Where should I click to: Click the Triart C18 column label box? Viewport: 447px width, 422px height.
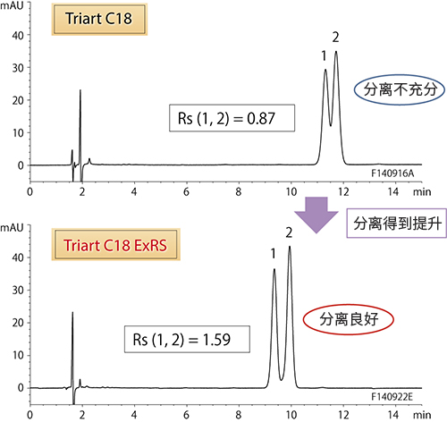click(99, 19)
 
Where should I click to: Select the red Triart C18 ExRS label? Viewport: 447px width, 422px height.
click(115, 245)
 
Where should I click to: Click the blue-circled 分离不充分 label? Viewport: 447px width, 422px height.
click(400, 89)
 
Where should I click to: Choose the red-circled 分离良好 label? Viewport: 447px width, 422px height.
click(349, 319)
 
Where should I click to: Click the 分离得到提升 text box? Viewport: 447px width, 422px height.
click(397, 224)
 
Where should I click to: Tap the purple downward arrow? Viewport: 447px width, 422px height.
click(316, 215)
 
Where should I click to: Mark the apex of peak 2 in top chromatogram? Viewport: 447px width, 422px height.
click(336, 52)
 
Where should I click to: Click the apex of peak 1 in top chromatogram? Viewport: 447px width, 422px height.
click(325, 70)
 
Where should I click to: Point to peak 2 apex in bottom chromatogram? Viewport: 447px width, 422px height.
click(290, 247)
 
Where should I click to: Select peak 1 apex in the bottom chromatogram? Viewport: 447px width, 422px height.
click(274, 269)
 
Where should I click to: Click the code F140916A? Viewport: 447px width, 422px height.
click(392, 173)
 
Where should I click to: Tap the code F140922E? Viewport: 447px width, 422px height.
click(392, 397)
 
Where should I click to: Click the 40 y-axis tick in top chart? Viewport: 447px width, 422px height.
click(18, 36)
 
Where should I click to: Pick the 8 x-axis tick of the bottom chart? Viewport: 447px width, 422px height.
click(239, 415)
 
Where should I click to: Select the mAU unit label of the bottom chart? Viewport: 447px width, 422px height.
click(12, 228)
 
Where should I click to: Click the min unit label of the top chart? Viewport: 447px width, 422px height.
click(422, 192)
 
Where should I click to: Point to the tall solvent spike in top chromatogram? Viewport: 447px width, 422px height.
click(80, 90)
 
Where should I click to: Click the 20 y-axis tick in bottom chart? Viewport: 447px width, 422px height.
click(18, 323)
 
